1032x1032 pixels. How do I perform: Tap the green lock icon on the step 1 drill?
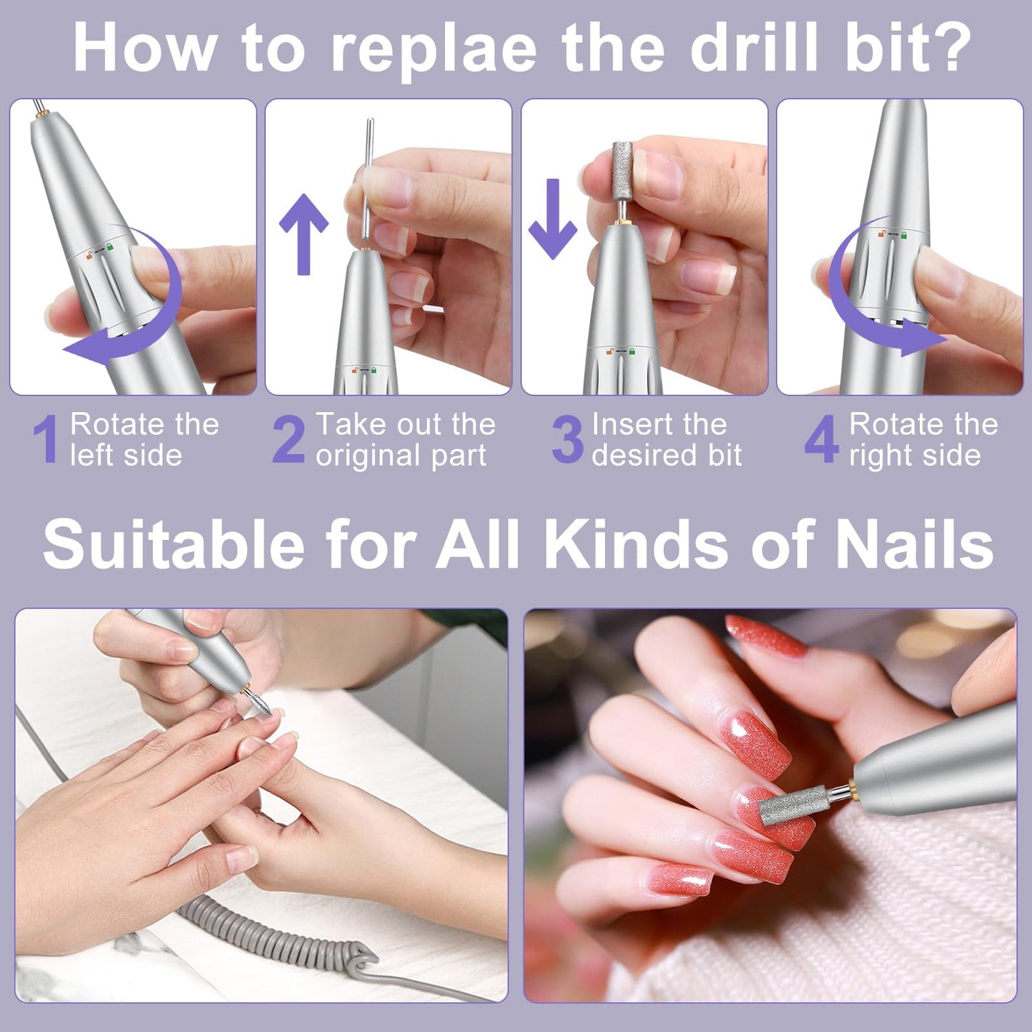(x=110, y=246)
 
